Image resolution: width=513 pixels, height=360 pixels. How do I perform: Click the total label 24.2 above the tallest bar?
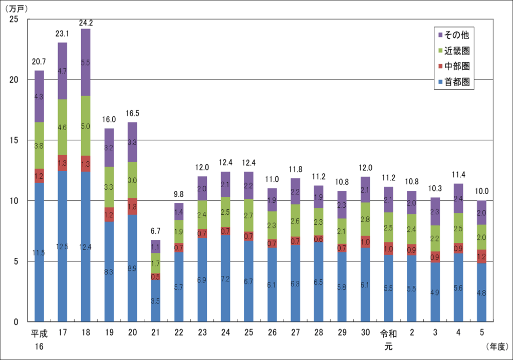[x=86, y=23]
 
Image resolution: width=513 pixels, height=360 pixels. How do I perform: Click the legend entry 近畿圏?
[x=456, y=51]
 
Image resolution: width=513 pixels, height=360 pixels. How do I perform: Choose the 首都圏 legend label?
[x=456, y=83]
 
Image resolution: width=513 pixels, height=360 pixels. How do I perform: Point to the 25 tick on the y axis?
[x=15, y=19]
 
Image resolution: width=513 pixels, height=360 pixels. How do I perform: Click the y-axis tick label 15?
[x=15, y=140]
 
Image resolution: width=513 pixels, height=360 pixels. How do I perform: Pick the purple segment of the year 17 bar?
[x=62, y=70]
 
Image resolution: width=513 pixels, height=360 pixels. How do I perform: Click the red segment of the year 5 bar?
[x=481, y=256]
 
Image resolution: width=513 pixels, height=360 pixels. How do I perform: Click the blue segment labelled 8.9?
[x=132, y=268]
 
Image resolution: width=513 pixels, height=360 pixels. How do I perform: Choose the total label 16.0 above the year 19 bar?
[x=109, y=120]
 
